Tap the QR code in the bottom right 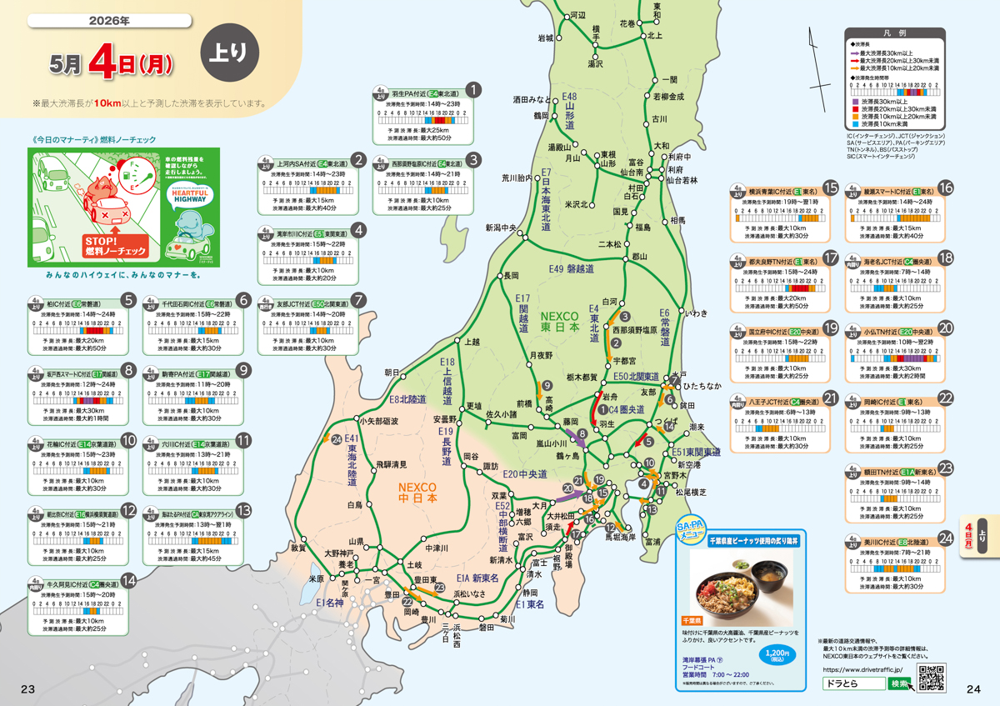click(x=931, y=678)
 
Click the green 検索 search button click(x=900, y=683)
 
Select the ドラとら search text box click(x=852, y=683)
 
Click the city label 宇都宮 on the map click(x=624, y=361)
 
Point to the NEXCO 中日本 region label click(x=417, y=492)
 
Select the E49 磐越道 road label click(x=571, y=269)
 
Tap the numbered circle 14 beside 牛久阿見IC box click(x=127, y=581)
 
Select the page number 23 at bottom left click(x=27, y=688)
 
